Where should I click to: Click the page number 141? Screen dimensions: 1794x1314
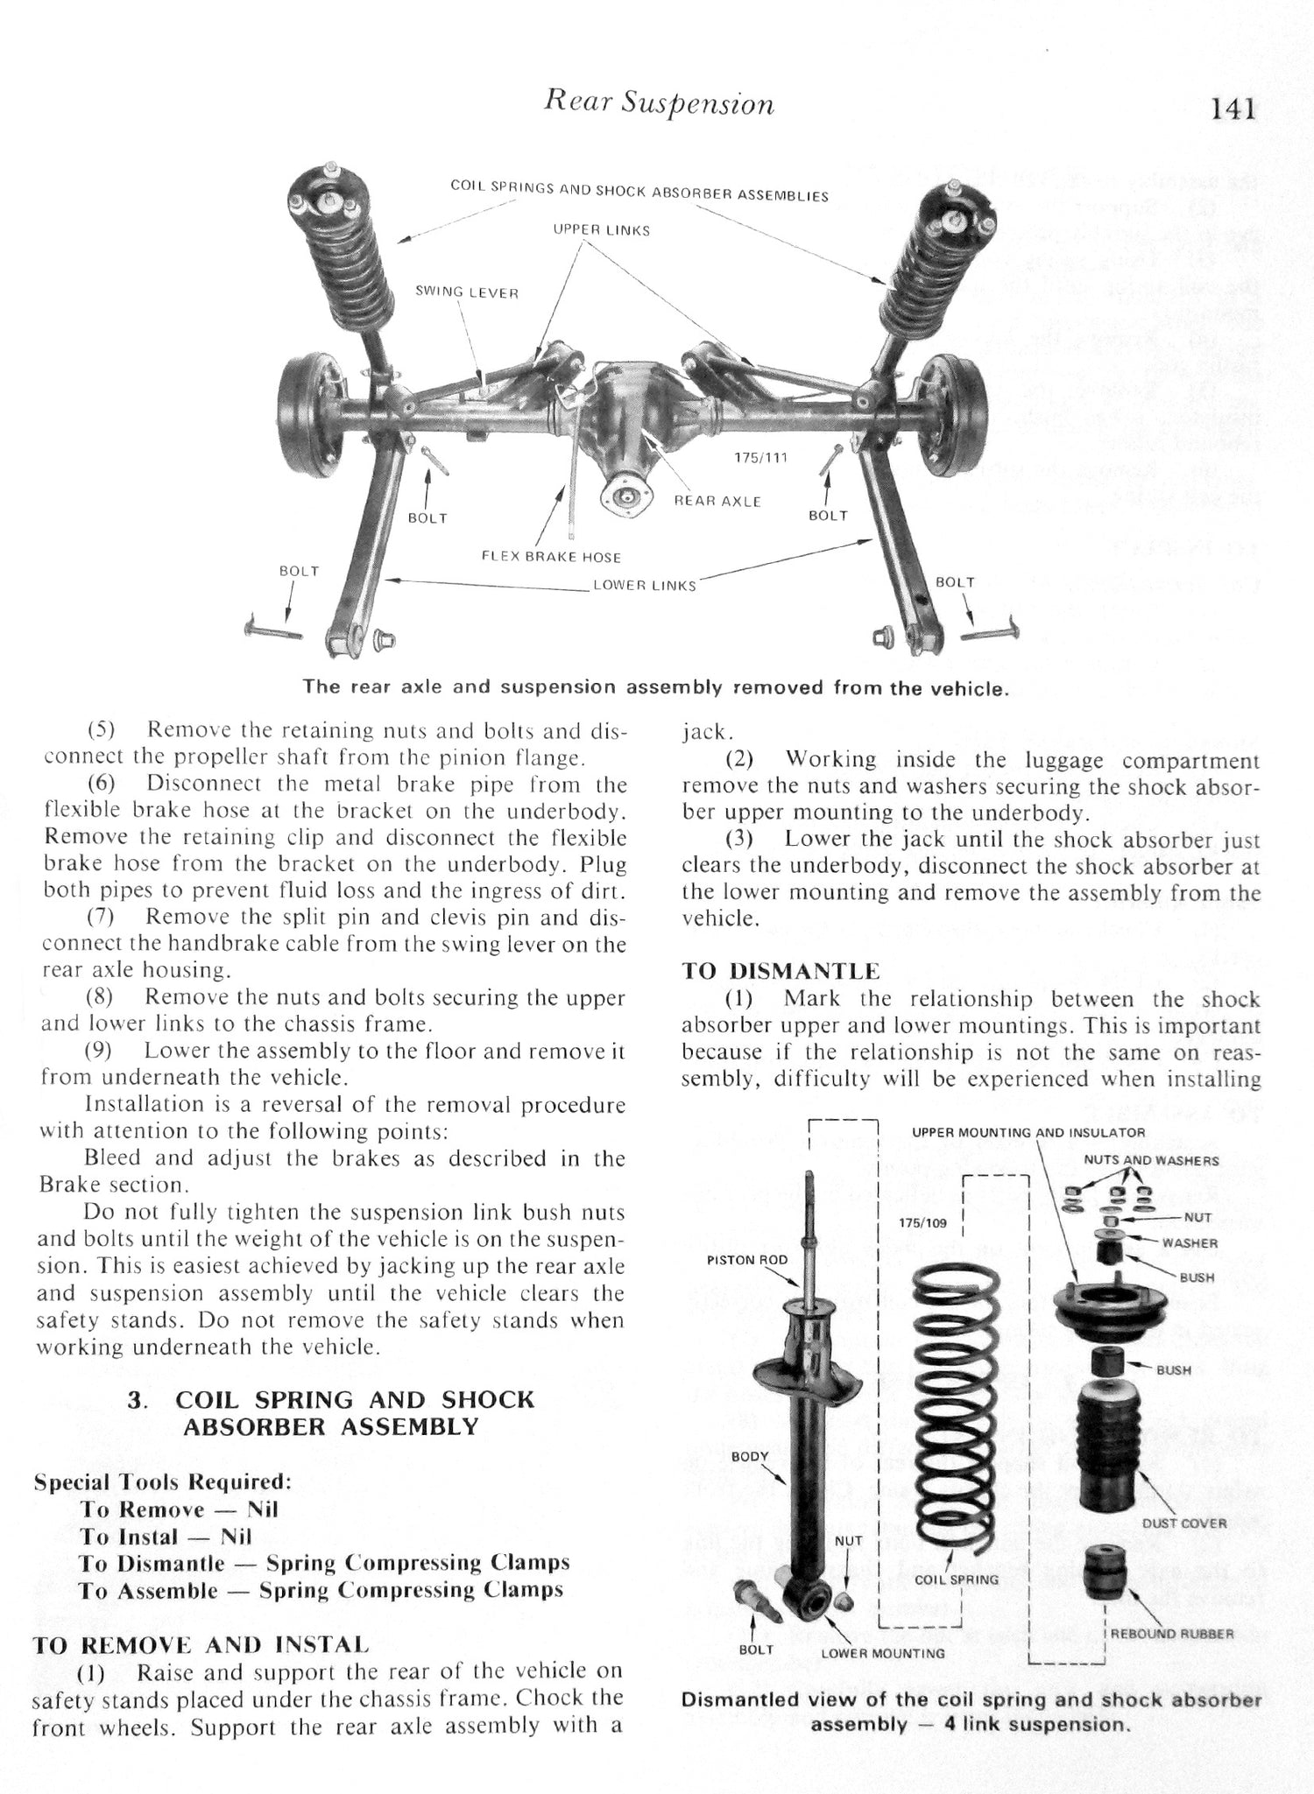coord(1233,109)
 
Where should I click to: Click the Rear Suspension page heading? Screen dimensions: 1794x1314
coord(659,104)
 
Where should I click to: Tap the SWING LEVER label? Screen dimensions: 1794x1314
coord(467,292)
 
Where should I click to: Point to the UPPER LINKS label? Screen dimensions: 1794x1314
coord(601,230)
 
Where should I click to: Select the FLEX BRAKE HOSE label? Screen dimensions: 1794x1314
coord(551,557)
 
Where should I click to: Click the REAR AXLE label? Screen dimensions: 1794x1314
coord(717,502)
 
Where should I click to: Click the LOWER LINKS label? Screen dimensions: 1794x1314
coord(644,585)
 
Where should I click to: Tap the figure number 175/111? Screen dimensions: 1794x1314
coord(760,457)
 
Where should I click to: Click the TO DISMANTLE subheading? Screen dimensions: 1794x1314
coord(781,971)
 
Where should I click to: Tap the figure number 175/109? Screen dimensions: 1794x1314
coord(922,1222)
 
